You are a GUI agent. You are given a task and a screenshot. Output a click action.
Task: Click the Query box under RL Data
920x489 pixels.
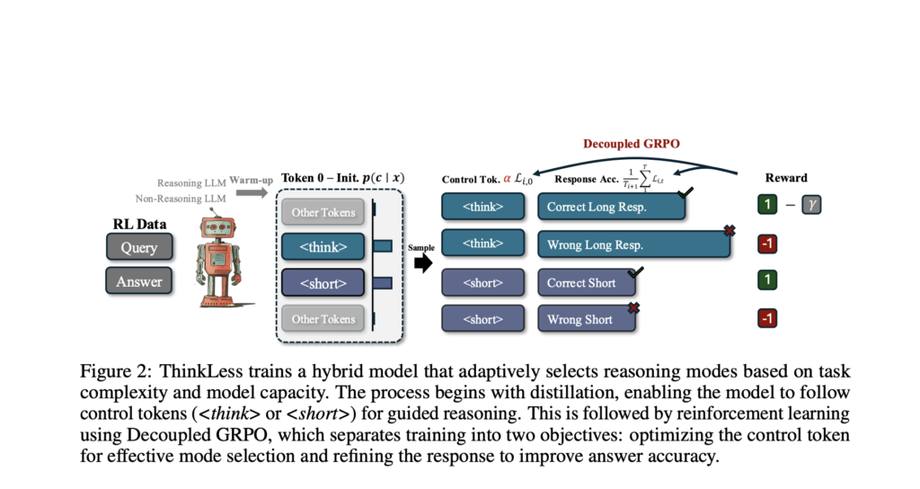pyautogui.click(x=138, y=247)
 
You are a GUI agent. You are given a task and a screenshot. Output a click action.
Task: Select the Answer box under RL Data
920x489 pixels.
pyautogui.click(x=138, y=281)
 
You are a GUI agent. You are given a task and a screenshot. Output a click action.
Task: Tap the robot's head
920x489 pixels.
pyautogui.click(x=217, y=224)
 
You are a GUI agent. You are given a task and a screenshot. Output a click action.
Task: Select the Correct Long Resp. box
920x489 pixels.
pyautogui.click(x=611, y=207)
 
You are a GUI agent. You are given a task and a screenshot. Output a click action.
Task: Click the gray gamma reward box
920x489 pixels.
pyautogui.click(x=812, y=206)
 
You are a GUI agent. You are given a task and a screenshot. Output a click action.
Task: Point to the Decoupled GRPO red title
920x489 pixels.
pyautogui.click(x=632, y=144)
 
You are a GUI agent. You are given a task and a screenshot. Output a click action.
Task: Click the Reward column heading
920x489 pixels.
pyautogui.click(x=785, y=178)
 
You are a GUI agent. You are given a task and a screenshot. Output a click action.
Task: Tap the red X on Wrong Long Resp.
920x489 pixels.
pyautogui.click(x=730, y=232)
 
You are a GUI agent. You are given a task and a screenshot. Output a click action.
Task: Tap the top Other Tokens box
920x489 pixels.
pyautogui.click(x=322, y=213)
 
